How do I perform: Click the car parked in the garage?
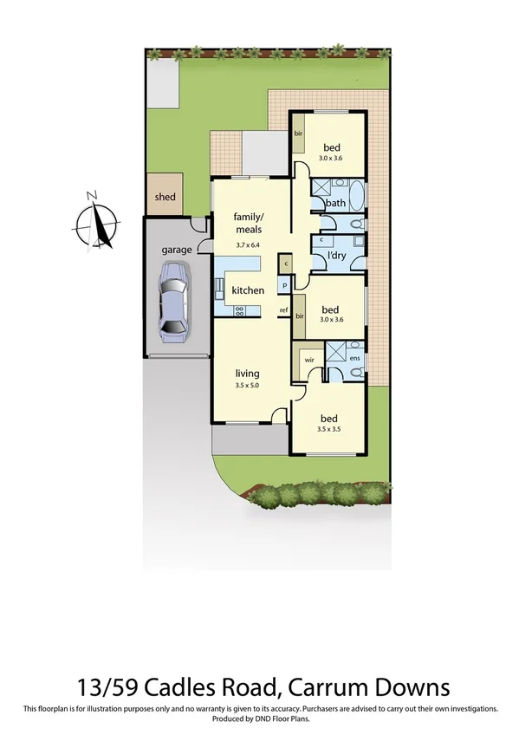[173, 298]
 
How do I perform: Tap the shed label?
[165, 197]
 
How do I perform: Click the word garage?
[176, 250]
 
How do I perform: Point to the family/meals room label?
[248, 223]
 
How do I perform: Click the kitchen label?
[247, 290]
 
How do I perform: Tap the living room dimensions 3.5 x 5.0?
[247, 385]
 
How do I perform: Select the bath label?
[335, 204]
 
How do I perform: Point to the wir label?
[308, 356]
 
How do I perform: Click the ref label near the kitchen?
[282, 309]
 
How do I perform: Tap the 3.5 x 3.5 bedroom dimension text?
[330, 428]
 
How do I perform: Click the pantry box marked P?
[283, 285]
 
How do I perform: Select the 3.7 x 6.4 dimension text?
[249, 245]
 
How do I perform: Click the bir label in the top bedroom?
[297, 133]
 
